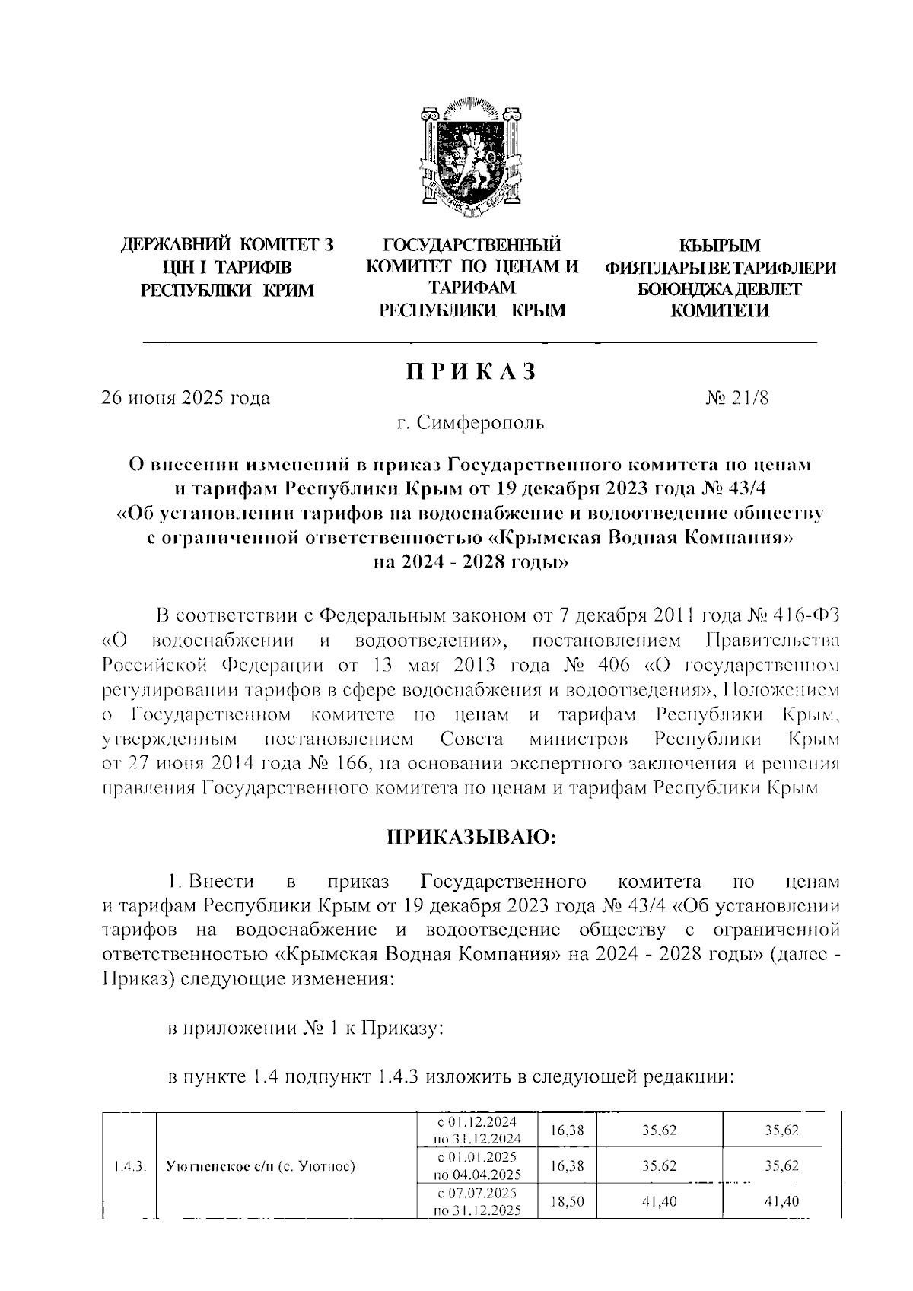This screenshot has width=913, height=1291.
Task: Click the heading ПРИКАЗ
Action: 471,372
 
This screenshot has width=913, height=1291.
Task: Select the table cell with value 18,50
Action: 565,1202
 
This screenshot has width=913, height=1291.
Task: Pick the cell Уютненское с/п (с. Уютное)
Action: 261,1165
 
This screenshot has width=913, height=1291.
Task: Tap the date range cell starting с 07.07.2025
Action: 477,1202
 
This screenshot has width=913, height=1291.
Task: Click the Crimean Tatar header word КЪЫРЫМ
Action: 720,245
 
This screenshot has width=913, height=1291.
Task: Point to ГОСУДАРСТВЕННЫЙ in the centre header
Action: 472,245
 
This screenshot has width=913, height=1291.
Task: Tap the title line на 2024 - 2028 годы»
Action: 470,564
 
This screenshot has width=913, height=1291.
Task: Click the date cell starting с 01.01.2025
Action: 477,1165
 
